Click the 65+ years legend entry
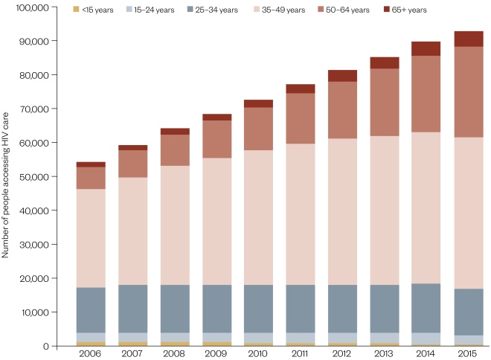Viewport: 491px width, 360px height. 408,10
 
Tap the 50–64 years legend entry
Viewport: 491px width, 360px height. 343,10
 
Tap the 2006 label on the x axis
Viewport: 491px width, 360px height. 91,355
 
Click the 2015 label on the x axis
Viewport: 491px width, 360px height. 469,355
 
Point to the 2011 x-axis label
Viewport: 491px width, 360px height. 301,355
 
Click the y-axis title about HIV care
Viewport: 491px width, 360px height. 6,177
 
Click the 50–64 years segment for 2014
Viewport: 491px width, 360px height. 427,94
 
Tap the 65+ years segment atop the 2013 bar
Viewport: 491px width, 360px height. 385,62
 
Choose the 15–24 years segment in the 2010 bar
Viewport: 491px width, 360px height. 259,338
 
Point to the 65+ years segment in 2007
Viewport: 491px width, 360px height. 133,148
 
